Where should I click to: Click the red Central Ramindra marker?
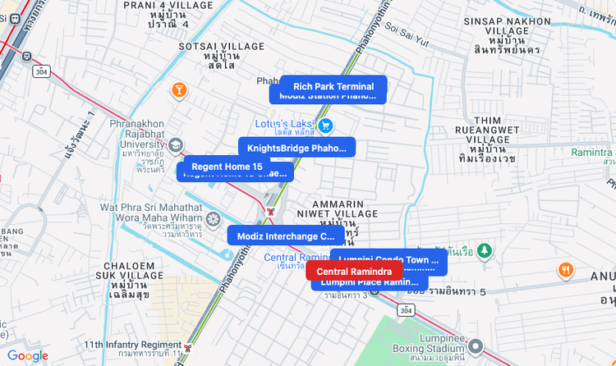[x=354, y=272]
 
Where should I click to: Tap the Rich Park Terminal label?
[x=333, y=86]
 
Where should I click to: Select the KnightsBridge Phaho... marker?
[x=297, y=148]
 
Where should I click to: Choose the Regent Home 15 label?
[x=226, y=167]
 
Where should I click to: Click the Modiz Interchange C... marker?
[x=285, y=236]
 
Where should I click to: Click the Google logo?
[x=28, y=356]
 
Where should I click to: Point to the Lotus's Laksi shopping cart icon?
[x=326, y=126]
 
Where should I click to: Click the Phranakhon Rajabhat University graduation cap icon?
[x=176, y=145]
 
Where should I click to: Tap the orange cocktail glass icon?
[x=178, y=89]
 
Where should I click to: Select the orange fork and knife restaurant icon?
[x=565, y=270]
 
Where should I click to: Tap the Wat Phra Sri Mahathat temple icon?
[x=214, y=219]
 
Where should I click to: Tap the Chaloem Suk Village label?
[x=126, y=279]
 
